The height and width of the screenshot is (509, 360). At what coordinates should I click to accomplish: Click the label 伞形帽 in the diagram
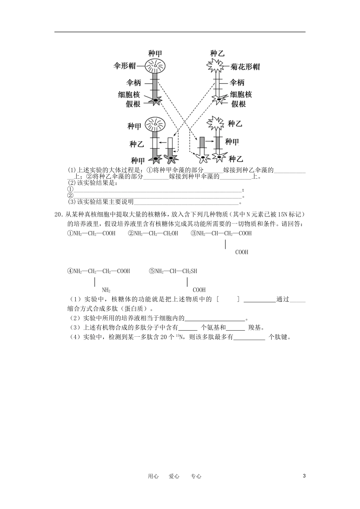(x=124, y=66)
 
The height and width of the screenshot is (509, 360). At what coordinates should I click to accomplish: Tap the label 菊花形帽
(x=245, y=67)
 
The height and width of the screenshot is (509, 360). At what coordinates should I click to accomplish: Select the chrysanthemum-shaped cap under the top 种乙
(x=217, y=67)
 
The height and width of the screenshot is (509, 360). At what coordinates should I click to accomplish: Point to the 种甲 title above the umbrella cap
(x=155, y=53)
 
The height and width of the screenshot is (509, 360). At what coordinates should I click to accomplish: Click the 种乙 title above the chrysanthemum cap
(x=217, y=53)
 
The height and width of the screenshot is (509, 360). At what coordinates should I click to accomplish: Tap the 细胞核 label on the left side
(x=129, y=94)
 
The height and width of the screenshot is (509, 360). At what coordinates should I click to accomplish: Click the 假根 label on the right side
(x=238, y=104)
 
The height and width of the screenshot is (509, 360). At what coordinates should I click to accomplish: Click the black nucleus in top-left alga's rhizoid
(x=155, y=100)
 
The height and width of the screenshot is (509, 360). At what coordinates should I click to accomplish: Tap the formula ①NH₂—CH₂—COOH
(x=91, y=233)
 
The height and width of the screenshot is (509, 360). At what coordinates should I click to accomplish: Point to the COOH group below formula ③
(x=242, y=252)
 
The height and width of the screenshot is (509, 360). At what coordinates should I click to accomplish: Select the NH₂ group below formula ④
(x=106, y=290)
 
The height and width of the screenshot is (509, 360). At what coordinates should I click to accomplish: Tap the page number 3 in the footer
(x=304, y=476)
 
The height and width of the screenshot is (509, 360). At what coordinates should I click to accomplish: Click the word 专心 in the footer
(x=196, y=476)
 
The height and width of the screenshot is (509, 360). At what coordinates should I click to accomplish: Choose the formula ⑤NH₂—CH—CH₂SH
(x=173, y=271)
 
